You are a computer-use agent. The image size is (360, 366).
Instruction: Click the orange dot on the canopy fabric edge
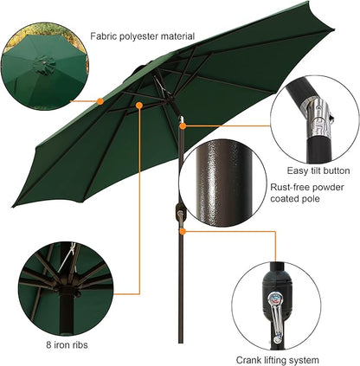[x=100, y=101]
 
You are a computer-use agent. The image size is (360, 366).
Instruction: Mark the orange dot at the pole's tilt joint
[x=183, y=126]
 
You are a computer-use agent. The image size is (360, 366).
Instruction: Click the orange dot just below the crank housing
[x=182, y=232]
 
